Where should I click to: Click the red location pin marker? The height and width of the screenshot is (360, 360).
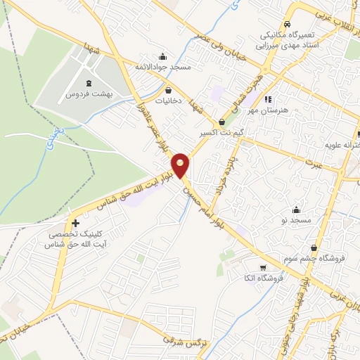181,165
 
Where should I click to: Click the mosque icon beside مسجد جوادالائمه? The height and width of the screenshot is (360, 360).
164,57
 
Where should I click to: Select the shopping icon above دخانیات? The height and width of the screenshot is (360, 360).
169,90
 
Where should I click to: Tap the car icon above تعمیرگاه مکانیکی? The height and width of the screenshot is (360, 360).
287,23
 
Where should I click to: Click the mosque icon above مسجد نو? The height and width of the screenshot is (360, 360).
296,210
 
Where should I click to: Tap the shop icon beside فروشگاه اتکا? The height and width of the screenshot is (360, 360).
263,267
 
